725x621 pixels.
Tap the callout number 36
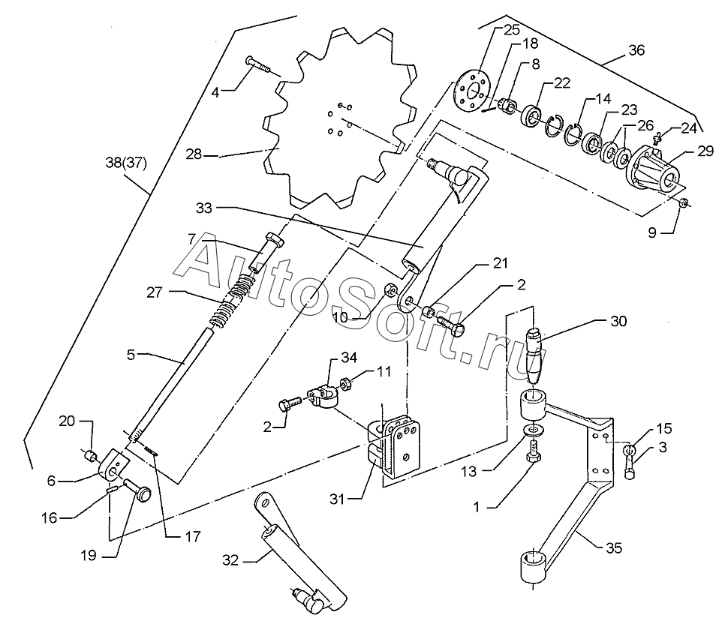click(636, 50)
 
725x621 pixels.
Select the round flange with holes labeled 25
click(472, 91)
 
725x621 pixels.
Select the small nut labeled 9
click(684, 204)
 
